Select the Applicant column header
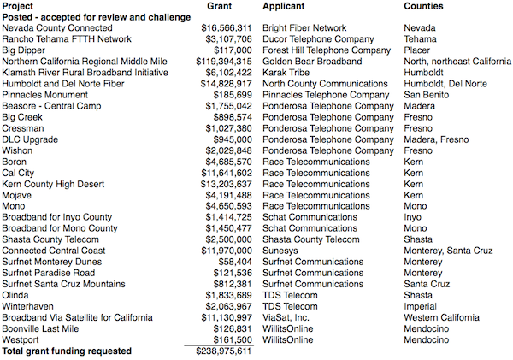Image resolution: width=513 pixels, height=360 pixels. [286, 6]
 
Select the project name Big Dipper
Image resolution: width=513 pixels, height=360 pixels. [24, 50]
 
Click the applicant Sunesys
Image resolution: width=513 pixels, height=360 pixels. [280, 251]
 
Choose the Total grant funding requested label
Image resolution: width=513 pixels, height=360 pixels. [67, 351]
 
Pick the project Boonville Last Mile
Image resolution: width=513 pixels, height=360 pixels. [40, 328]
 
